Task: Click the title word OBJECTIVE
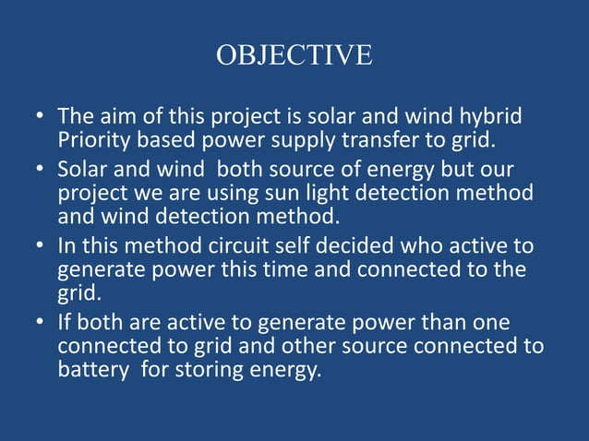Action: pos(294,55)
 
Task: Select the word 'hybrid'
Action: pos(489,118)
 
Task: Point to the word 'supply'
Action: pos(286,140)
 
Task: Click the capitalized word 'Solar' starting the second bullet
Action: pos(81,172)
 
